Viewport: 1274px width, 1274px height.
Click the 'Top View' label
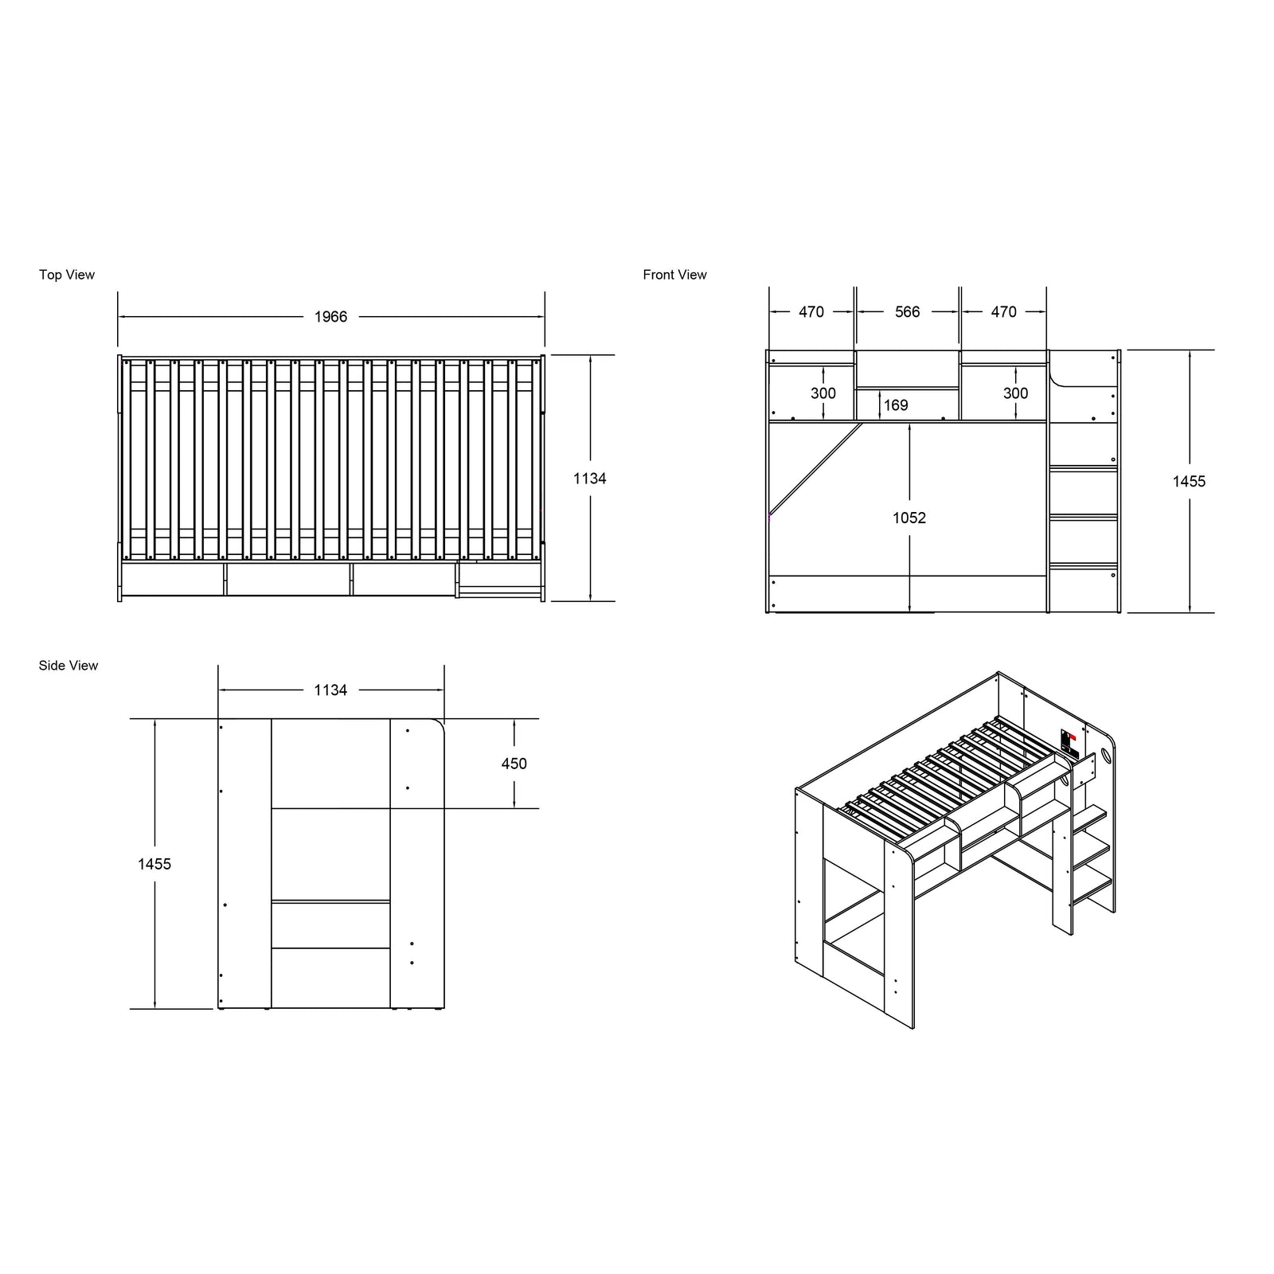pyautogui.click(x=67, y=275)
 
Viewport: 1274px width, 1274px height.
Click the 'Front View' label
pyautogui.click(x=674, y=275)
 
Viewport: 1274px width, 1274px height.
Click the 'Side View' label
pyautogui.click(x=68, y=666)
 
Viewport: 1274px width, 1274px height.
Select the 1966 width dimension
pyautogui.click(x=330, y=317)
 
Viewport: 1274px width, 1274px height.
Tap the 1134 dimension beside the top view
pyautogui.click(x=590, y=479)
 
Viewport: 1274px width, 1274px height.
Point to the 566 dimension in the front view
pyautogui.click(x=908, y=312)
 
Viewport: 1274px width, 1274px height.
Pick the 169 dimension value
pyautogui.click(x=896, y=405)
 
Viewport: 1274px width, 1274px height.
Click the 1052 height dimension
pyautogui.click(x=909, y=518)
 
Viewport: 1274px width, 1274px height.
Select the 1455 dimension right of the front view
pyautogui.click(x=1189, y=482)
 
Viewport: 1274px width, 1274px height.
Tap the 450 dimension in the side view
pyautogui.click(x=514, y=764)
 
